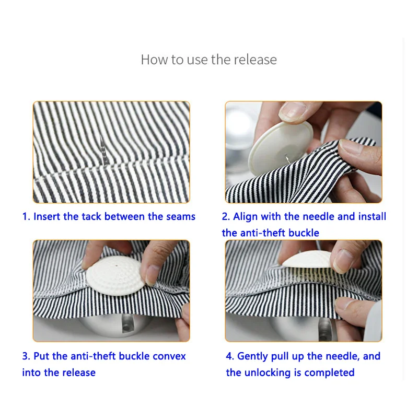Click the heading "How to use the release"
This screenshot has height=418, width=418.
tap(208, 60)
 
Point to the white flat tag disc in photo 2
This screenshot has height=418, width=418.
tap(281, 148)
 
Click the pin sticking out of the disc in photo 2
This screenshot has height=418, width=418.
tap(286, 158)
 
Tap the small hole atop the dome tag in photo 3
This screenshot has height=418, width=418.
tap(117, 266)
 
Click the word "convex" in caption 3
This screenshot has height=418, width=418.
tap(169, 356)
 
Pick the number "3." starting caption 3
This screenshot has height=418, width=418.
tap(27, 356)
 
